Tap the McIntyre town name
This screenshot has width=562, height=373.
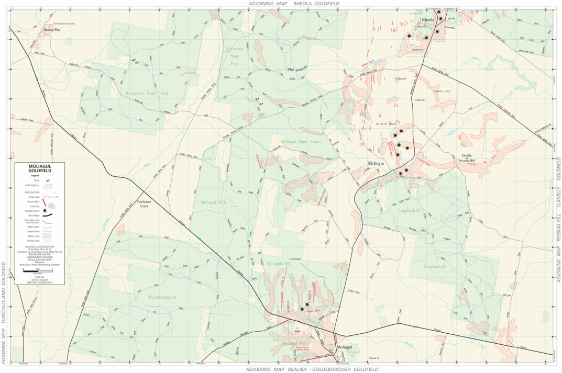point(376,163)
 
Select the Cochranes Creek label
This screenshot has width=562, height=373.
point(144,204)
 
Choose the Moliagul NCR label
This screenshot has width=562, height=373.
point(214,201)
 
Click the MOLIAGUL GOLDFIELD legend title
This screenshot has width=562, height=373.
point(40,168)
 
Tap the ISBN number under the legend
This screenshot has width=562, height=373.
point(40,282)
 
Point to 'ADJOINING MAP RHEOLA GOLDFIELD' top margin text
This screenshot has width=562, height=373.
point(294,3)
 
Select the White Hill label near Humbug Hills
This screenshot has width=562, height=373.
point(420,100)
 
